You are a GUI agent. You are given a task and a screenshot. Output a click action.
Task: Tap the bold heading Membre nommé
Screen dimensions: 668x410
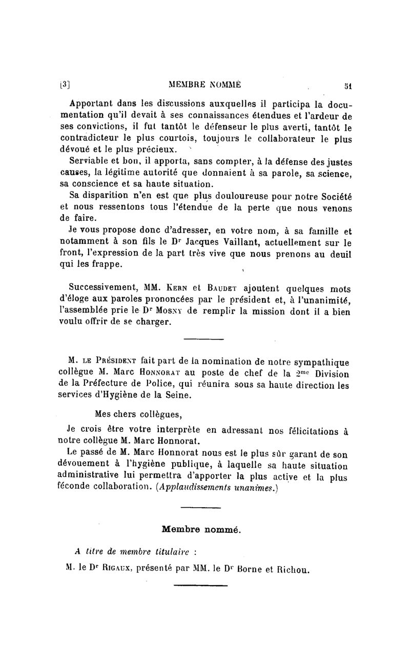coord(201,530)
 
